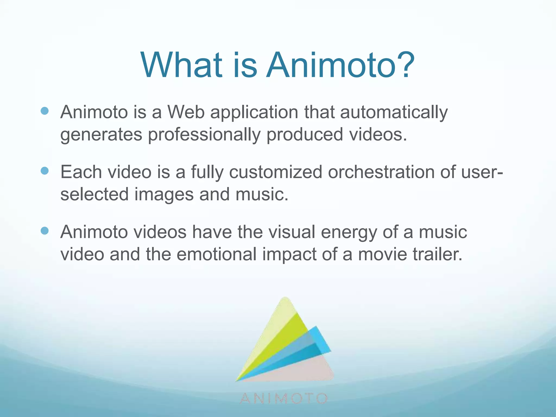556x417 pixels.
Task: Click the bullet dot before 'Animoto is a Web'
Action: coord(45,111)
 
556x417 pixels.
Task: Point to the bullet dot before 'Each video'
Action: coord(45,171)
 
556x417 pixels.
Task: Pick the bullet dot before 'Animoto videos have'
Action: coord(45,231)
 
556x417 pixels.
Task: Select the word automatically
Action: coord(394,113)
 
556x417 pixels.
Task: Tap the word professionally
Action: coord(204,135)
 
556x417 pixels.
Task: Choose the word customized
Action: coord(276,172)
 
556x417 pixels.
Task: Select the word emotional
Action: coord(216,254)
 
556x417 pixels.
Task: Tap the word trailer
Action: coord(437,254)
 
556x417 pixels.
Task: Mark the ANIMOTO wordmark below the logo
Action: coord(284,399)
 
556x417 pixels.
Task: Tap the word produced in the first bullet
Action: coord(305,135)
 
